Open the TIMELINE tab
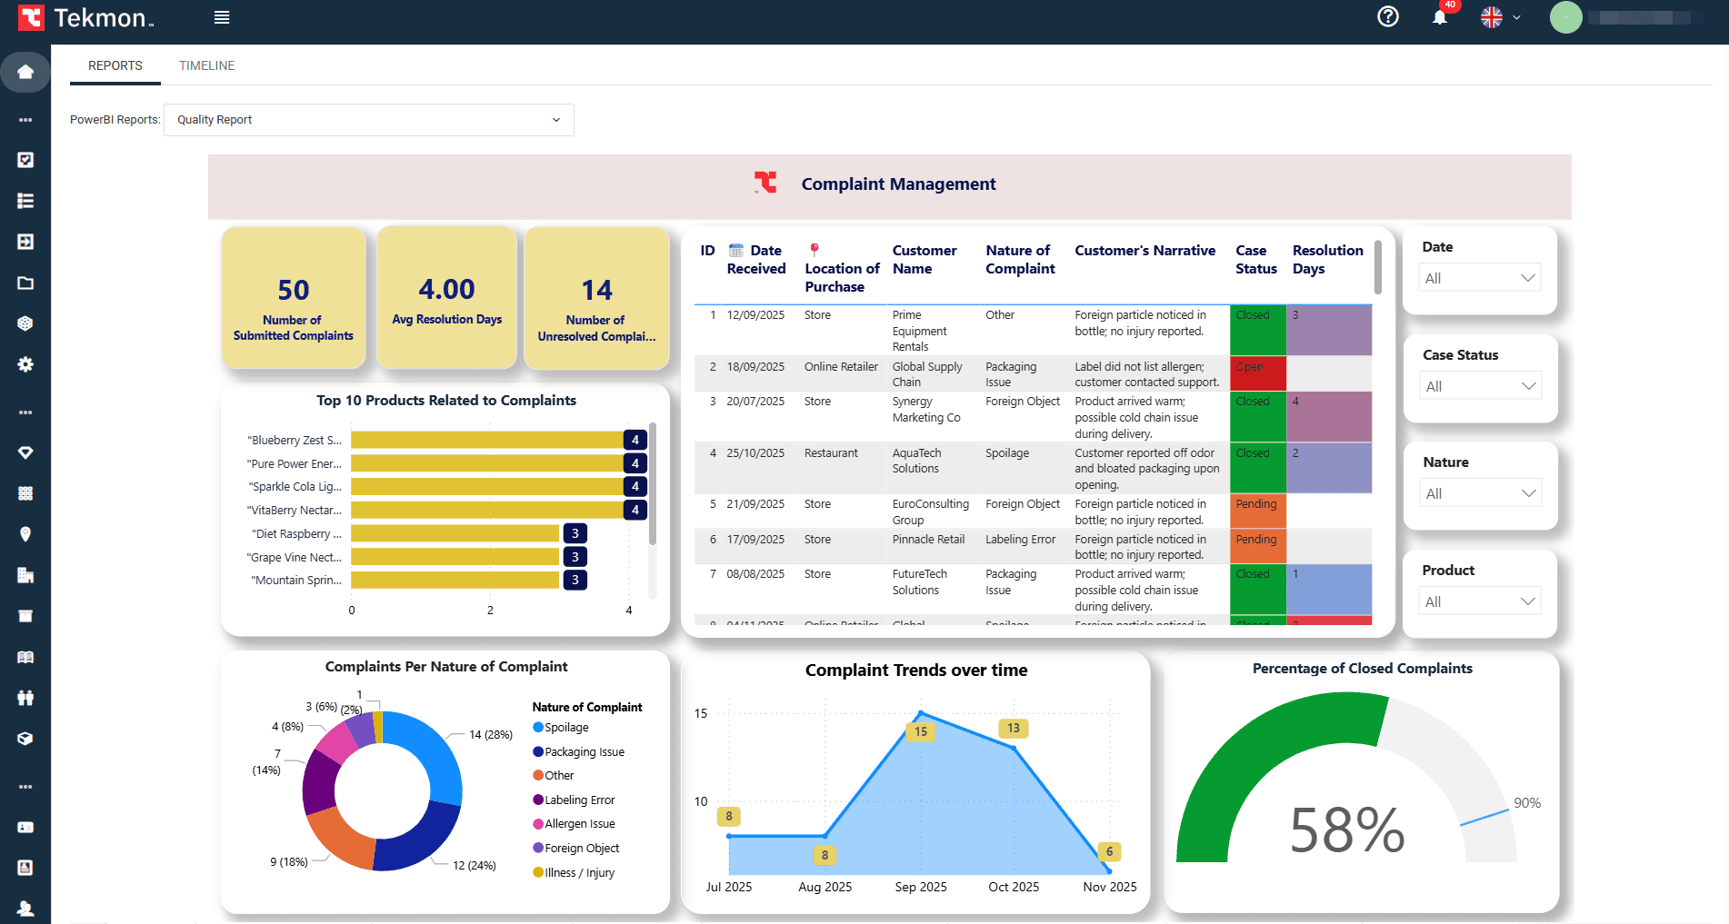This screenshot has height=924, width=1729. click(x=206, y=65)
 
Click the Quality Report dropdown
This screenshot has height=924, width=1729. click(x=368, y=120)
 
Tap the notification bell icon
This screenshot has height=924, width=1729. click(x=1439, y=17)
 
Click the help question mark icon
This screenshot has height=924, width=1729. click(x=1387, y=16)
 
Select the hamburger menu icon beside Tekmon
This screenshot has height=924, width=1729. click(x=222, y=17)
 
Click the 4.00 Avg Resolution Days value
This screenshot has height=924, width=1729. click(x=446, y=290)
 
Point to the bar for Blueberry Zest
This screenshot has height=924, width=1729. click(x=486, y=440)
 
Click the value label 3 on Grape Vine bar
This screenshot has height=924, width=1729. click(x=575, y=557)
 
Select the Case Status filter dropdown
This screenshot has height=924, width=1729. click(x=1480, y=386)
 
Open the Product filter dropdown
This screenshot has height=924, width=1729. click(x=1480, y=601)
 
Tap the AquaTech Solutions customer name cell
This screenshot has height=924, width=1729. click(x=916, y=461)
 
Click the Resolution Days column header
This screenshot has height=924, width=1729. click(x=1327, y=259)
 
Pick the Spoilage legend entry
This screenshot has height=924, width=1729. click(x=565, y=728)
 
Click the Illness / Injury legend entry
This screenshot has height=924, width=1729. click(x=578, y=873)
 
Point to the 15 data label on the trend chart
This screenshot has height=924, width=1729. click(x=921, y=731)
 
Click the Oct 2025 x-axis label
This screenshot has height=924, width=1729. click(x=1013, y=887)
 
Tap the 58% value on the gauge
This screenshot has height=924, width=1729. click(x=1346, y=830)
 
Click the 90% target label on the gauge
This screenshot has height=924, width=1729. click(x=1526, y=803)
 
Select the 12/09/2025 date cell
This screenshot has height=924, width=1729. click(x=755, y=315)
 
